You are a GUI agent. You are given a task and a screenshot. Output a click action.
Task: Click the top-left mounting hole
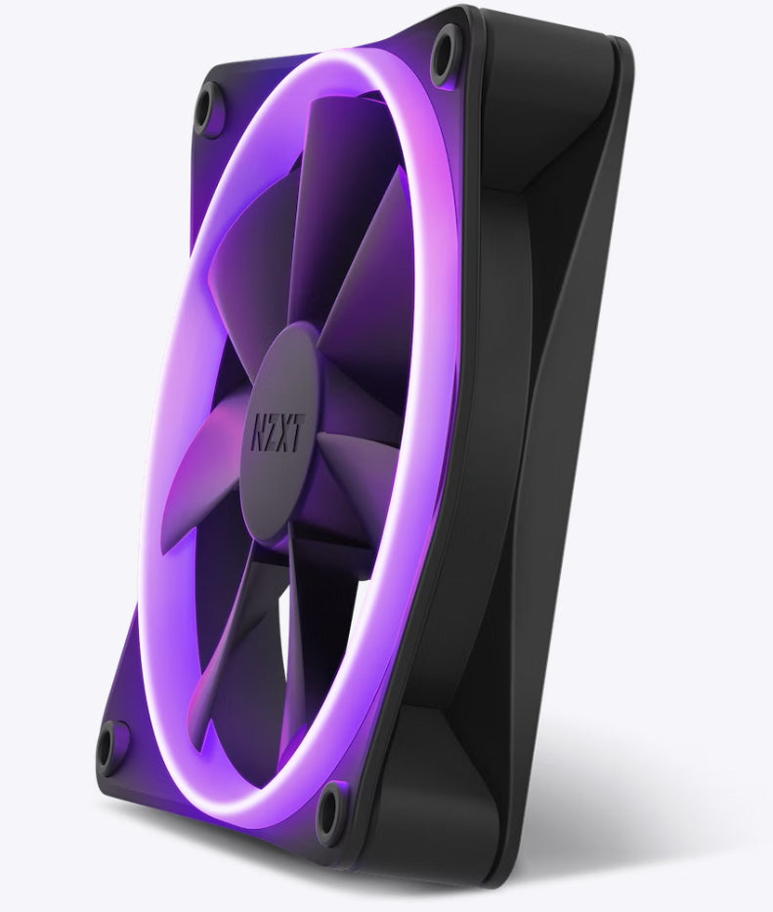(x=208, y=107)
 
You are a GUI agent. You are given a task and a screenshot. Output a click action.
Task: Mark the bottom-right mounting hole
(x=333, y=809)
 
